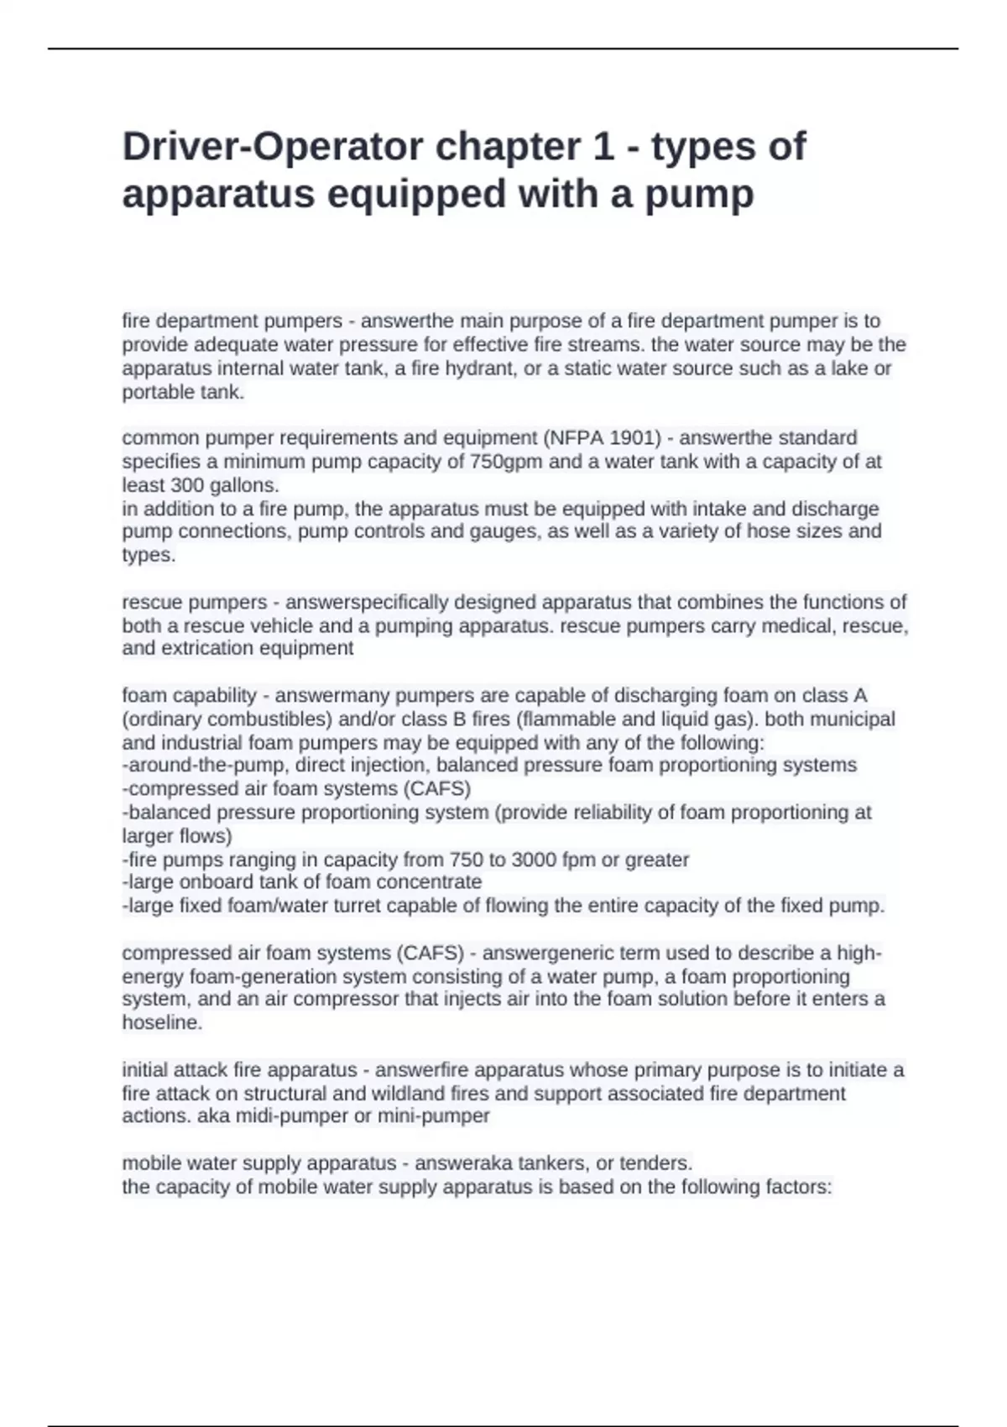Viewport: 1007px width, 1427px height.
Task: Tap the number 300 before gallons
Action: pyautogui.click(x=187, y=485)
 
